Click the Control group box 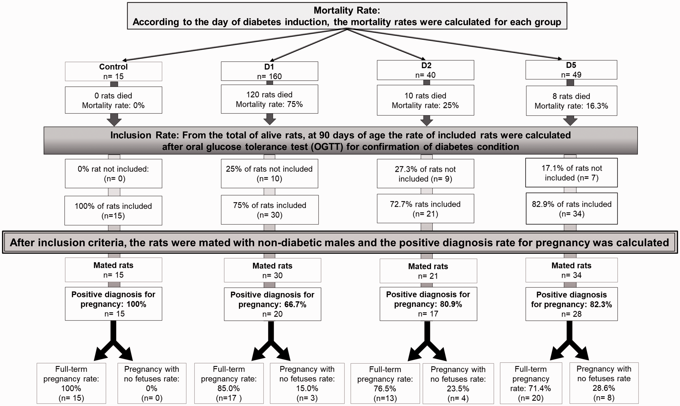coord(113,71)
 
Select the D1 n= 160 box coord(269,71)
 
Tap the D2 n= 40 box coord(426,70)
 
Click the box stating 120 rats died coord(269,99)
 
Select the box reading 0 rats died coord(113,100)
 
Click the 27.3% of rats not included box coord(426,174)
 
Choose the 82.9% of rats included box coord(572,208)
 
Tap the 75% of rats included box coord(270,210)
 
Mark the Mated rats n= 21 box coord(428,271)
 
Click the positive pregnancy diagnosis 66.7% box coord(273,304)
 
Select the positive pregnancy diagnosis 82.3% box coord(572,304)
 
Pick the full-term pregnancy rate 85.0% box coord(229,383)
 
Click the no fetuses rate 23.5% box coord(458,384)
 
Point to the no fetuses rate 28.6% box coord(604,383)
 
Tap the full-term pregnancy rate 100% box coord(71,383)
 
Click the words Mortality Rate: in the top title coord(347,10)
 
